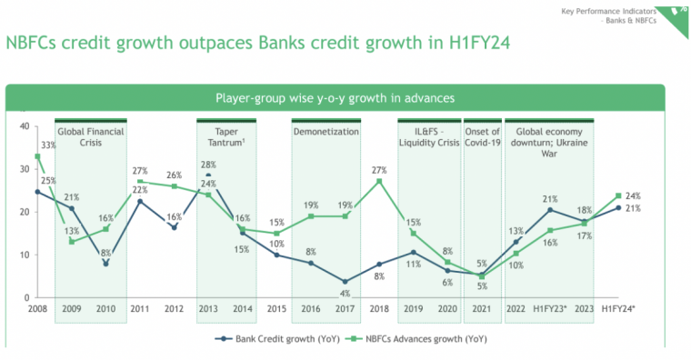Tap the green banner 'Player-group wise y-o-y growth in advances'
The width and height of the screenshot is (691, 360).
335,96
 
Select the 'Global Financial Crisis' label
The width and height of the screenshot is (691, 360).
91,137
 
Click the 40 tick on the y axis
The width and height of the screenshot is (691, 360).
25,126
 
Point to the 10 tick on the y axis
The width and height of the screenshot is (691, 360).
25,255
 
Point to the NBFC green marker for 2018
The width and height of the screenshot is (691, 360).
378,181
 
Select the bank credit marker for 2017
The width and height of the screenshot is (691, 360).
345,281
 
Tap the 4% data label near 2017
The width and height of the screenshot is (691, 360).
345,293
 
